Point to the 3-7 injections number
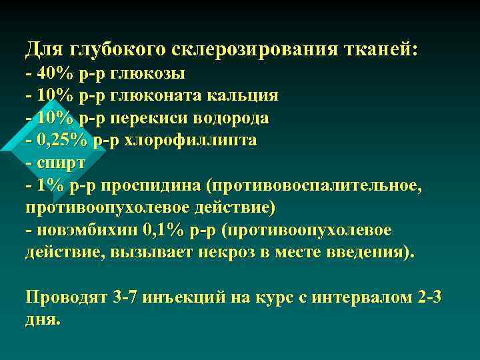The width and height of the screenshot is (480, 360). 125,297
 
